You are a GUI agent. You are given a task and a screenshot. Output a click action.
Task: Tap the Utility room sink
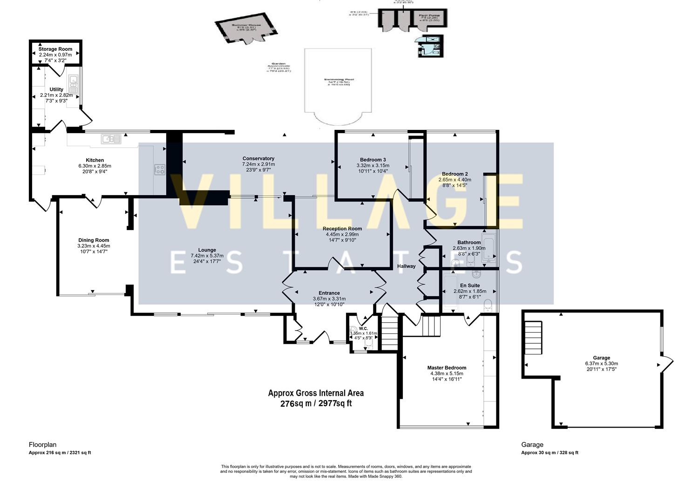click(73, 85)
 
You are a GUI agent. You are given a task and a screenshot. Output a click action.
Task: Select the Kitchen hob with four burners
click(159, 170)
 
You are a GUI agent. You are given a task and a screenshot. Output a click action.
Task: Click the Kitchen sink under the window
click(111, 139)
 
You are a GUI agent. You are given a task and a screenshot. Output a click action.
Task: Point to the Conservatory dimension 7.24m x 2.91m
click(258, 164)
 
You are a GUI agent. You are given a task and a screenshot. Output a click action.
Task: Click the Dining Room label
click(94, 240)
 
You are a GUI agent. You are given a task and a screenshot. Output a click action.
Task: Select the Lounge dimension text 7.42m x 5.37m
click(207, 256)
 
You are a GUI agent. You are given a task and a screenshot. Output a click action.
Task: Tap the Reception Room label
click(342, 229)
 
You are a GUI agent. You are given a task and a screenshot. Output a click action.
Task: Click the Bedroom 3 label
click(373, 160)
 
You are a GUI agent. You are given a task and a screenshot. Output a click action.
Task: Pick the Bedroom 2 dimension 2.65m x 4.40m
click(455, 180)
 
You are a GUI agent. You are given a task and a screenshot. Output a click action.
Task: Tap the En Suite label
click(469, 285)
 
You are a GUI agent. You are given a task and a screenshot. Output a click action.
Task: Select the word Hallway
click(406, 266)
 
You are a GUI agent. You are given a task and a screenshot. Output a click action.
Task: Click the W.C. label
click(363, 328)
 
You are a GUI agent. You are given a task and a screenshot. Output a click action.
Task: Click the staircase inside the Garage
click(534, 338)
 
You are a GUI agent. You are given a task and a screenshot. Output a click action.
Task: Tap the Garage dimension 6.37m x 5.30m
click(601, 364)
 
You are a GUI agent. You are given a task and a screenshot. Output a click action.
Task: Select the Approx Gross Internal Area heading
click(316, 393)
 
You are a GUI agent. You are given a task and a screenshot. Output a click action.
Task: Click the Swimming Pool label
click(338, 80)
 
